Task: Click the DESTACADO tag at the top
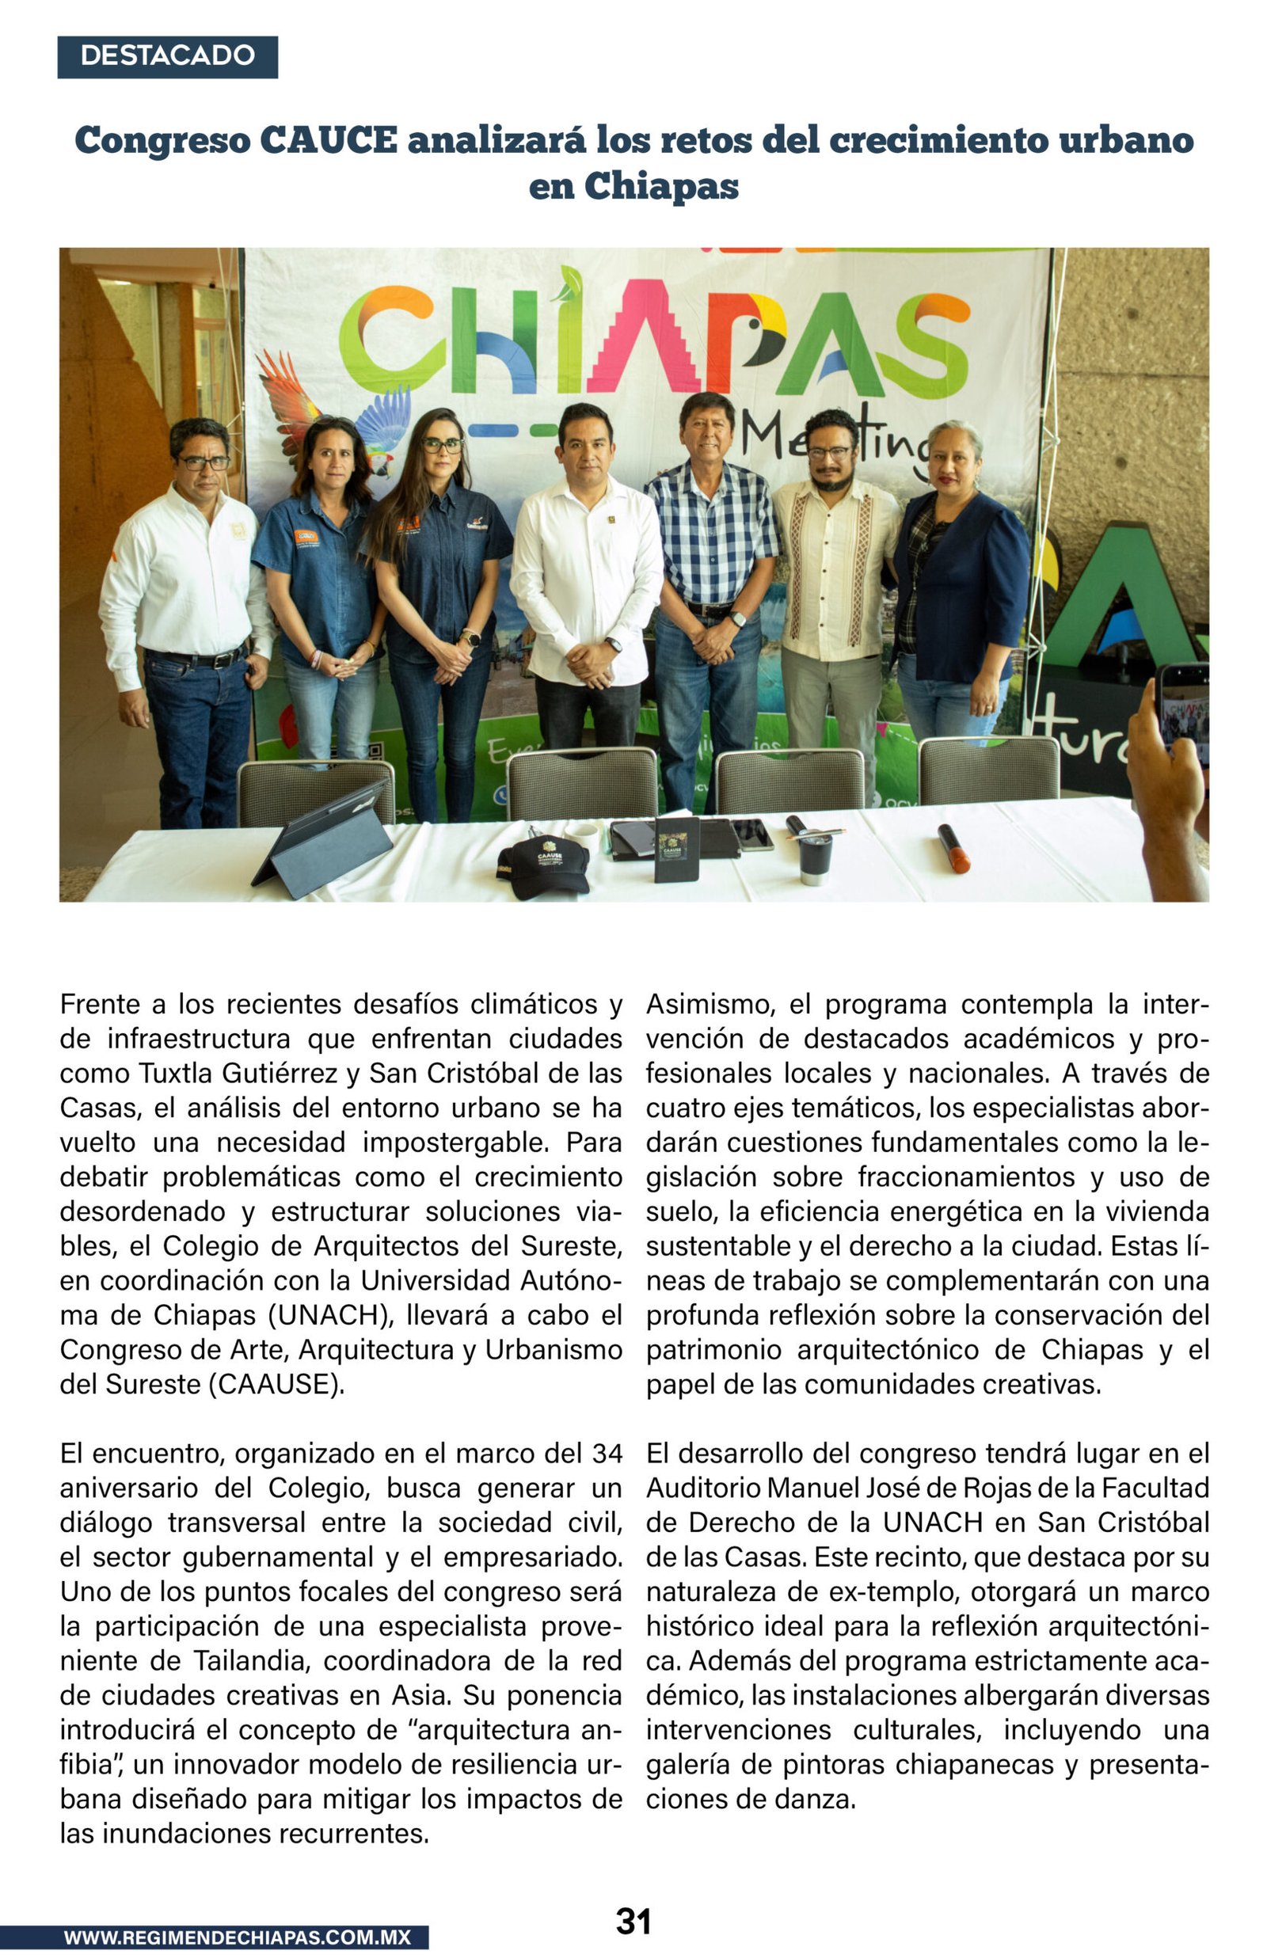pyautogui.click(x=167, y=56)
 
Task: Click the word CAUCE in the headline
pyautogui.click(x=329, y=141)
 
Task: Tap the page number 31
pyautogui.click(x=633, y=1922)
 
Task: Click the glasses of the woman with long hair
pyautogui.click(x=443, y=445)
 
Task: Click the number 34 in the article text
pyautogui.click(x=607, y=1453)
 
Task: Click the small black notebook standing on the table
pyautogui.click(x=676, y=850)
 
